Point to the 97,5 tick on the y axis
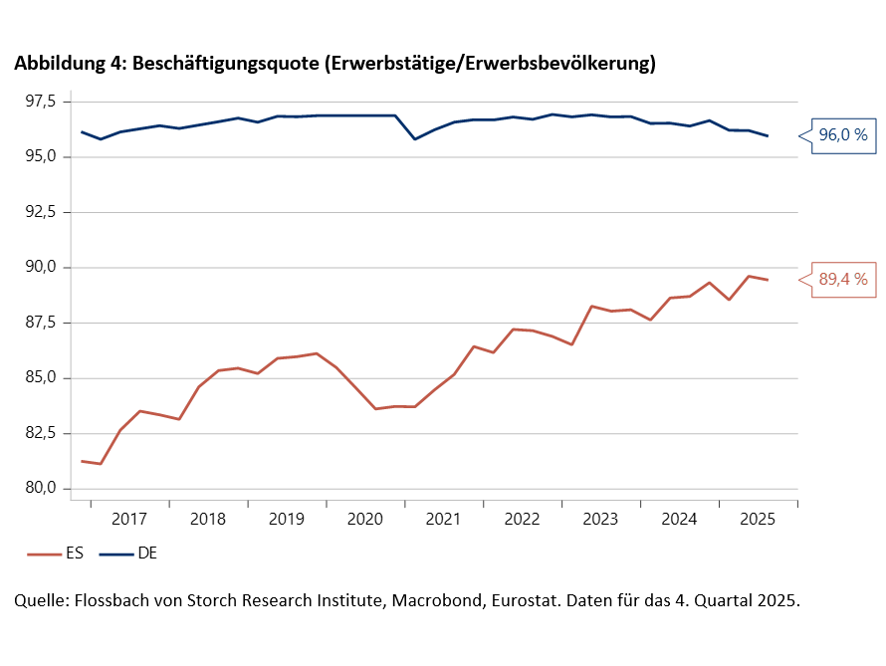(48, 102)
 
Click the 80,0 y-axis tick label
(48, 488)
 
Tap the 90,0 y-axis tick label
(48, 268)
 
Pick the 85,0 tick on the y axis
(48, 378)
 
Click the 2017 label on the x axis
(129, 520)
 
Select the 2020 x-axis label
(365, 520)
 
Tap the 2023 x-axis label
(600, 520)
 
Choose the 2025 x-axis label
(758, 520)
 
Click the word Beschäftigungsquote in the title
(224, 64)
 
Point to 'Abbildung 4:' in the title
(69, 64)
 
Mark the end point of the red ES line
(768, 280)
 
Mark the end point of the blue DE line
(768, 136)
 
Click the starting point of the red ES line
(82, 461)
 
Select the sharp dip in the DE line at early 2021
(415, 138)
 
